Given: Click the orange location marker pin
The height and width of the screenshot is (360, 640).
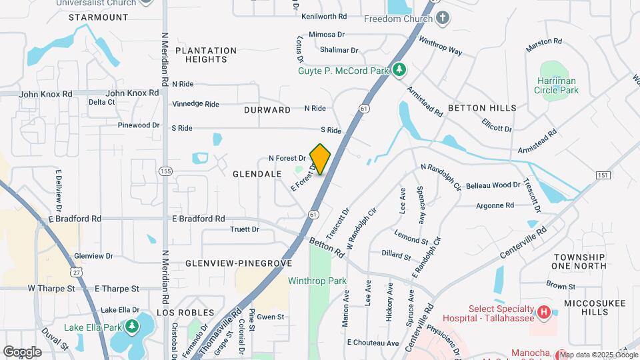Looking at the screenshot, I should [x=320, y=159].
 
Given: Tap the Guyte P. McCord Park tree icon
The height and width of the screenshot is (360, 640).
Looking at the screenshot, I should [x=399, y=69].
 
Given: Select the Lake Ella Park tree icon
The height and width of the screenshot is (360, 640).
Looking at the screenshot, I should [x=133, y=327].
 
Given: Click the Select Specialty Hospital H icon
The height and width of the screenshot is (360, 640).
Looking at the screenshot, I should [x=545, y=311].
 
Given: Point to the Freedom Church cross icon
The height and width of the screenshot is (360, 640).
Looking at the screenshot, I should [x=441, y=18].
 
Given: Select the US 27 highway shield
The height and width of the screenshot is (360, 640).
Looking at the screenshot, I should [x=77, y=273].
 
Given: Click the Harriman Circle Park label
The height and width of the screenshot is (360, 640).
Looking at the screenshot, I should [x=557, y=85].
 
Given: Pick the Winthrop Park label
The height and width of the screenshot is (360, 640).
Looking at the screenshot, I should [x=317, y=281].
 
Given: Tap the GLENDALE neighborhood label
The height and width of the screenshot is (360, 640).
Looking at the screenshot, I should [x=257, y=174].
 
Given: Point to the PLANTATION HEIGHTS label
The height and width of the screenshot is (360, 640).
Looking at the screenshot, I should [x=206, y=55].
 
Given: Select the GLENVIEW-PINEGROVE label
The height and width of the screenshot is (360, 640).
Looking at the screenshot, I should [x=239, y=263].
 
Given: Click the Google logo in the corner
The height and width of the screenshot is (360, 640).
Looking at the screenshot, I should [x=22, y=351].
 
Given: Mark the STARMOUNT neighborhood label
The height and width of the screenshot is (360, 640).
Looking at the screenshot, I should [x=98, y=17].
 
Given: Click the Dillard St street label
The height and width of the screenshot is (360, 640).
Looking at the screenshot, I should [x=396, y=254].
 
